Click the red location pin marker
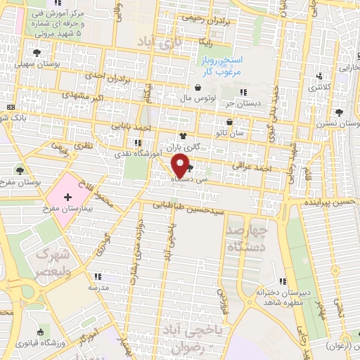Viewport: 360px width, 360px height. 181,166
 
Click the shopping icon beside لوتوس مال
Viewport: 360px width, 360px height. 199,87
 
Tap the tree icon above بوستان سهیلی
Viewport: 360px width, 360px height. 37,52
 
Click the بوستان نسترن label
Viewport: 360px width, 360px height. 342,123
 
